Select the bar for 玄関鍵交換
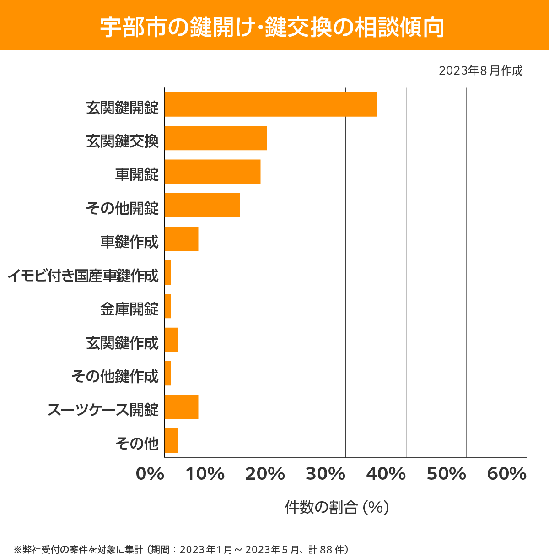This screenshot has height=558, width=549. coord(215,138)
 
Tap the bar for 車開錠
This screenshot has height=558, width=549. coord(212,172)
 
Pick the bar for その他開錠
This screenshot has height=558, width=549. coord(202,205)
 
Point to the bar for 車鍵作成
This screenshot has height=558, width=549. coord(181,239)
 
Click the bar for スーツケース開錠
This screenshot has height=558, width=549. coord(181,407)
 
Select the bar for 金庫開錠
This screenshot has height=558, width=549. coord(168,306)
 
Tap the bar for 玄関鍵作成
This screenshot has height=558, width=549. coord(171,340)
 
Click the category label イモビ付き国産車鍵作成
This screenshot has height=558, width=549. coord(83,276)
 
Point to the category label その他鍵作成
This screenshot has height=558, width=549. coord(115,376)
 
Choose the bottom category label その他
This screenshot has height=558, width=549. coord(137,443)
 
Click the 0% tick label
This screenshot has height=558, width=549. coord(150,474)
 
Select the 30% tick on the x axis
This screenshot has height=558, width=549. coord(325,474)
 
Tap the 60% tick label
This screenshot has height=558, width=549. coord(507,474)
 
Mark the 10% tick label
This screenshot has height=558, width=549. coord(205,474)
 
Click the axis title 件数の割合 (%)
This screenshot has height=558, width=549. coord(337,507)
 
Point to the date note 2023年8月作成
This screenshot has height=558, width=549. coord(480,71)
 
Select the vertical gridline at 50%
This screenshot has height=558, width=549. coord(466,275)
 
